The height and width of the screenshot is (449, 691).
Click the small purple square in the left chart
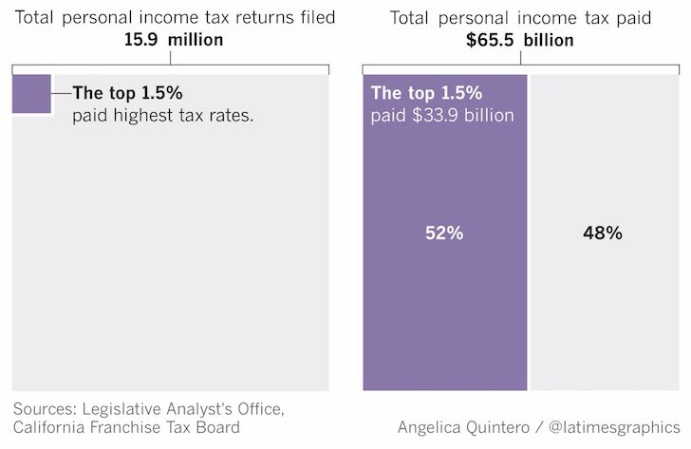tap(31, 94)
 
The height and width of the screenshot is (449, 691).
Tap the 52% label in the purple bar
tap(444, 233)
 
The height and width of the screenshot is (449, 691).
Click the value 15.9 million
tap(172, 40)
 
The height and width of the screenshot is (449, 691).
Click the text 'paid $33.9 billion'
tap(442, 115)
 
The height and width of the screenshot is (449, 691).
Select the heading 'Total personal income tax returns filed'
tap(172, 18)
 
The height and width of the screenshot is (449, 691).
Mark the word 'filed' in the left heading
tap(318, 18)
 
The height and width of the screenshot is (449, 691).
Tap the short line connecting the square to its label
tap(62, 94)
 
